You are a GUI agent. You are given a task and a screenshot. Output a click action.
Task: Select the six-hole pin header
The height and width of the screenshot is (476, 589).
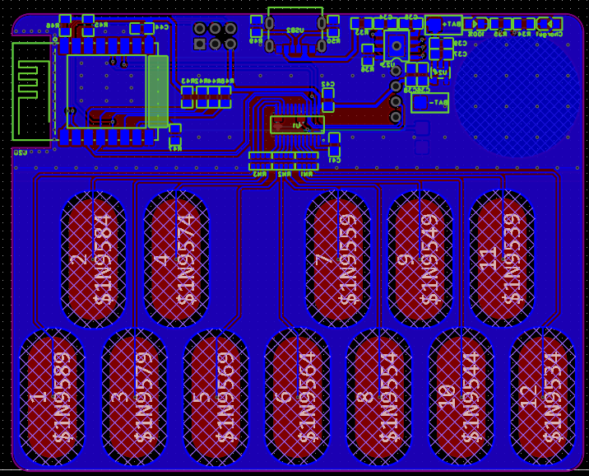coord(215,35)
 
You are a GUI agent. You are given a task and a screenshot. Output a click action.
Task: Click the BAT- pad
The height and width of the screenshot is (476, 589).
coord(429,103)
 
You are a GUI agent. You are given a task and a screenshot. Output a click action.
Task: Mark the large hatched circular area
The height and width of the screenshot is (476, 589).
coord(516,95)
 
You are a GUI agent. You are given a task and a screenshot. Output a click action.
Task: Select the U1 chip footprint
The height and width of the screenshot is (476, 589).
coord(297,124)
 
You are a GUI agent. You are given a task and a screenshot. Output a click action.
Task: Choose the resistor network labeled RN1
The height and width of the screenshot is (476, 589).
coord(307,160)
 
